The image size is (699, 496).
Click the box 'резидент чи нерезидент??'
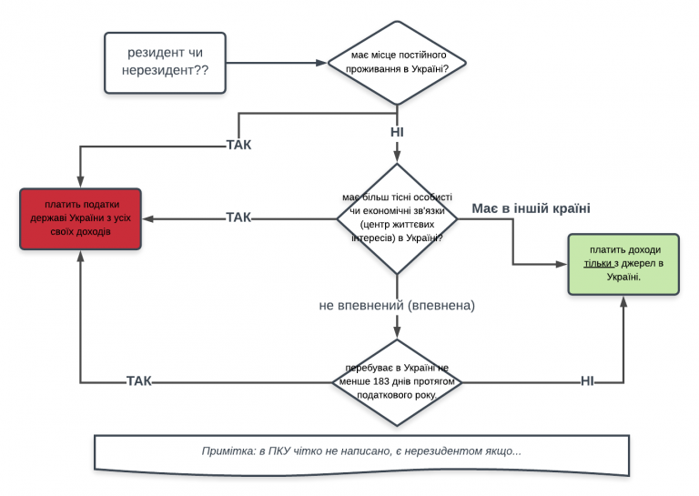[x=165, y=63]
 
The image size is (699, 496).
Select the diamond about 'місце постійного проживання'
[x=397, y=63]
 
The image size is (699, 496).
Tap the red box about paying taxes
[x=80, y=218]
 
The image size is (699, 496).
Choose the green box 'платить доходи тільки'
[x=623, y=264]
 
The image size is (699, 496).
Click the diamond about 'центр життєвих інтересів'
[x=397, y=218]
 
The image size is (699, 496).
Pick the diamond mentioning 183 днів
[x=397, y=382]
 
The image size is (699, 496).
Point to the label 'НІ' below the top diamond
[x=397, y=132]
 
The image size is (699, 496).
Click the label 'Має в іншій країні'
[x=531, y=208]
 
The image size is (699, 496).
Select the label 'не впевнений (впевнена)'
[x=397, y=305]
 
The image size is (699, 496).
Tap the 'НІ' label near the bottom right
[x=587, y=381]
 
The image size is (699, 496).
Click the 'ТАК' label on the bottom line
[x=138, y=381]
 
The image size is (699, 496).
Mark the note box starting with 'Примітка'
[x=361, y=454]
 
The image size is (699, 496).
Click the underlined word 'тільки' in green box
[x=597, y=263]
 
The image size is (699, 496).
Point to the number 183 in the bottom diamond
[x=381, y=381]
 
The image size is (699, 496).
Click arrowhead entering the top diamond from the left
[x=322, y=63]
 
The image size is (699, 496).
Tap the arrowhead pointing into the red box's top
[x=80, y=182]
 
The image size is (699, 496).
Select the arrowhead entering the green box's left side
[x=562, y=264]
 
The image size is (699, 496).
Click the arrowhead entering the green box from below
[x=623, y=301]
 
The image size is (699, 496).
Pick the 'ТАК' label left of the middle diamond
[x=238, y=218]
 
